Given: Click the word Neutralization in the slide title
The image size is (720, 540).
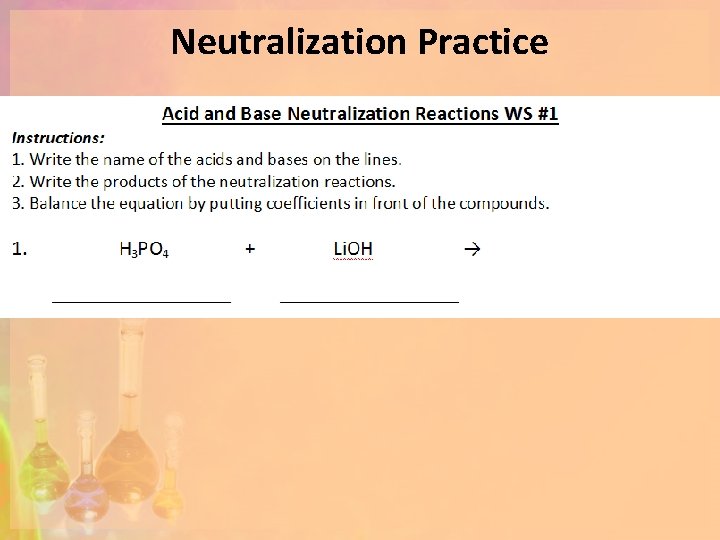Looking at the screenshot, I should pos(289,42).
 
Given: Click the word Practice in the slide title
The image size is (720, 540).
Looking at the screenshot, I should pos(483,42).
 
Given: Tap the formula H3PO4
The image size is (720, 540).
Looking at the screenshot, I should pos(144,250).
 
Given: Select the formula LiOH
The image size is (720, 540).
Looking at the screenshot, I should pos(352,249).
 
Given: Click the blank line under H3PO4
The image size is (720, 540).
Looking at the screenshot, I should pos(141,299).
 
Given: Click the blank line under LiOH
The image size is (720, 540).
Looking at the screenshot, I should pos(369,299).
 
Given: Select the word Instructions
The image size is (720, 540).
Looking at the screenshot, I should pos(58,138).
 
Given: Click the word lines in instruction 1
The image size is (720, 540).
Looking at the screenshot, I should pos(381,160).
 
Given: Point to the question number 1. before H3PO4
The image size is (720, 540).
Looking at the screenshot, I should pos(20,249).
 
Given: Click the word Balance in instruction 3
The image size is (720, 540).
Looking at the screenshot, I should pos(58,204).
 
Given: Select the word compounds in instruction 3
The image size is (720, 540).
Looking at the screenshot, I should pos(508,204).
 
